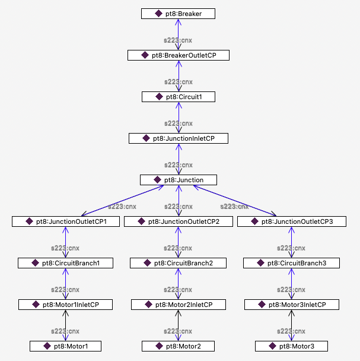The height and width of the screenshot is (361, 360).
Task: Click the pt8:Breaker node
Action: tap(178, 13)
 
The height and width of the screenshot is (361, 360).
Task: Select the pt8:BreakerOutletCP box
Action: tap(178, 55)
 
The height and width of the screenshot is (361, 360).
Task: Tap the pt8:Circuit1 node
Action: tap(178, 96)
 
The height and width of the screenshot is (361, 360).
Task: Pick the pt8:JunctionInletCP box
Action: tap(178, 138)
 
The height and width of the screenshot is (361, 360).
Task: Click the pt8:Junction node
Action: tap(178, 179)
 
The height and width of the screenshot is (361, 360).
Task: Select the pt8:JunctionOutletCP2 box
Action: tap(178, 221)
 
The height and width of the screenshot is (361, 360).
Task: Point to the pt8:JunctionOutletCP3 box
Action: tap(291, 221)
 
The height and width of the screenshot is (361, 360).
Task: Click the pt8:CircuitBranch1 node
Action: tap(65, 262)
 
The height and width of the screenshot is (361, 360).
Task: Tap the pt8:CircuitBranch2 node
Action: tap(178, 262)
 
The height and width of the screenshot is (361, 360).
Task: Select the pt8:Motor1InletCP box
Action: tap(65, 304)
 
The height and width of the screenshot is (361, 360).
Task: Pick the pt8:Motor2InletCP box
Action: tap(178, 304)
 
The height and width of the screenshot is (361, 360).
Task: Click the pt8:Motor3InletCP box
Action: tap(291, 304)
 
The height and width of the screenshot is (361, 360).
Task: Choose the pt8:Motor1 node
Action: tap(65, 346)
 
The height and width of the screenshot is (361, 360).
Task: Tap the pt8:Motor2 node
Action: tap(178, 346)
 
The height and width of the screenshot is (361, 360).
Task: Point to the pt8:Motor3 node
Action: tap(291, 346)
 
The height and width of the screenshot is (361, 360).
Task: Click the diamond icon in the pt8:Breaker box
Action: tap(158, 13)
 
